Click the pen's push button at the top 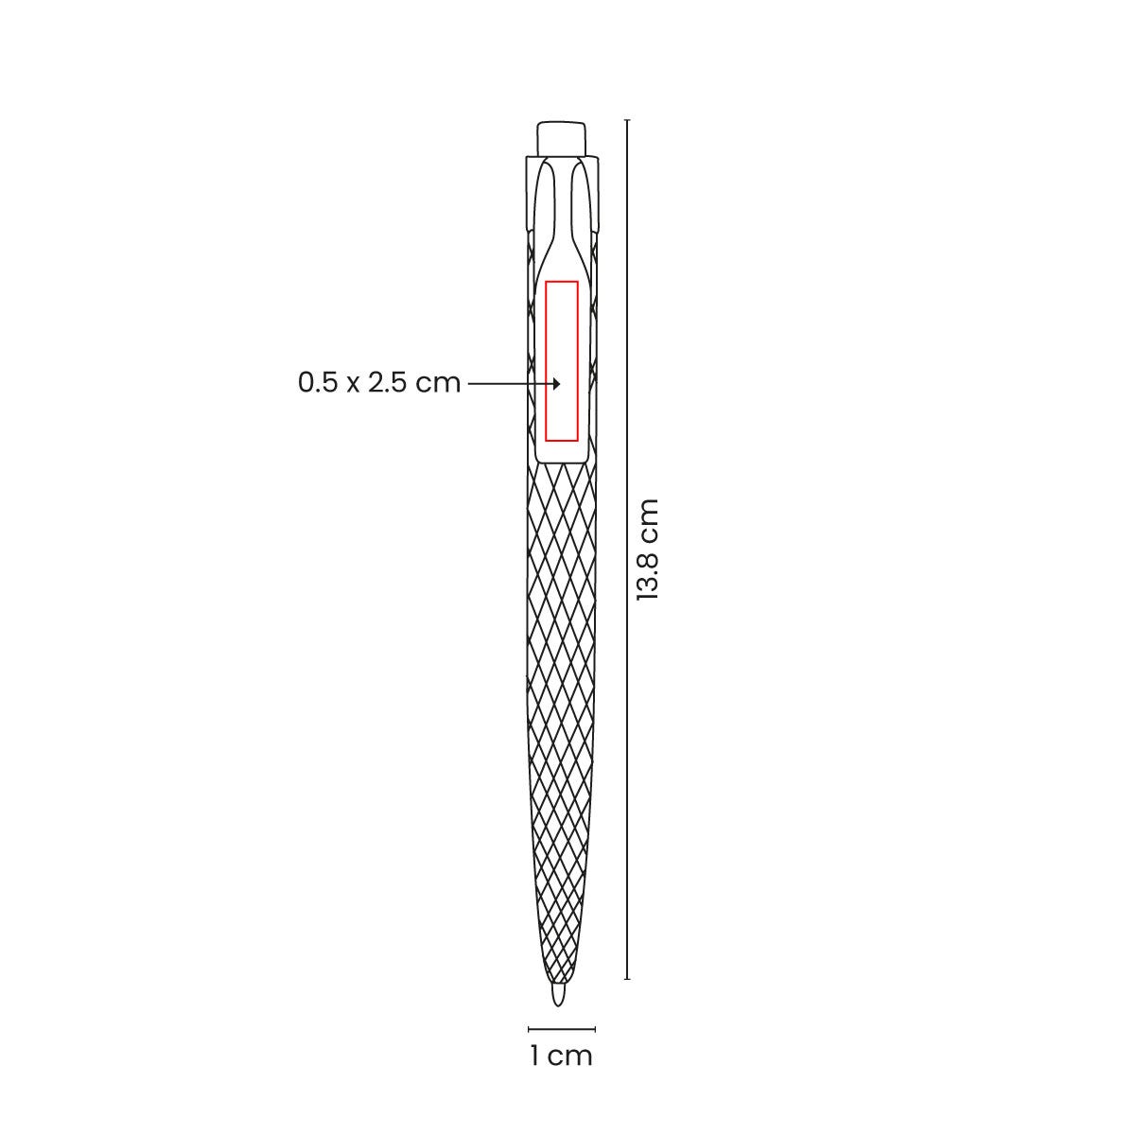click(x=561, y=138)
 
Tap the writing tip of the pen click(x=558, y=995)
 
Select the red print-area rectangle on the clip click(x=561, y=282)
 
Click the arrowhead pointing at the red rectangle click(x=556, y=384)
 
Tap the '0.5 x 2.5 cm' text click(x=378, y=383)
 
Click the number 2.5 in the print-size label click(x=387, y=383)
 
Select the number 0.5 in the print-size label click(x=318, y=383)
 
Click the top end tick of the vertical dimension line click(x=627, y=120)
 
